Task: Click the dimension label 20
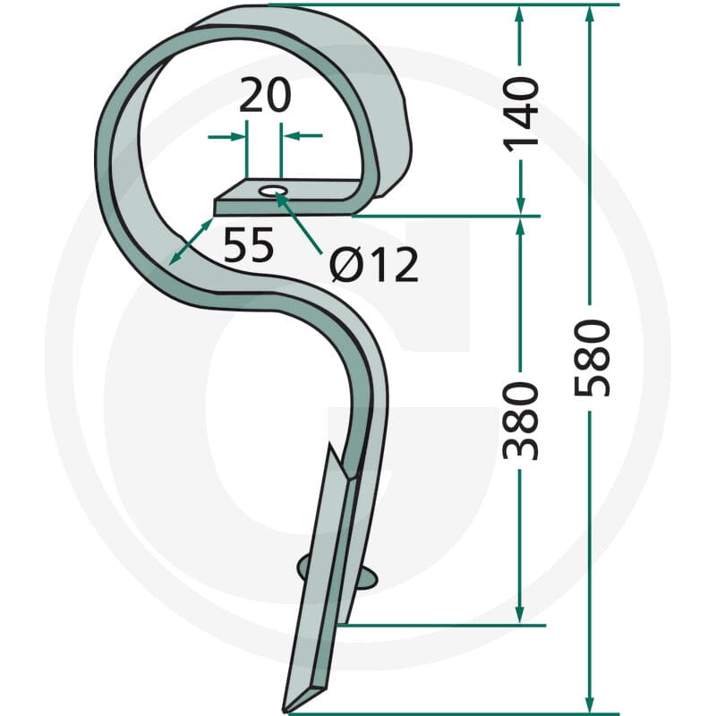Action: point(265,95)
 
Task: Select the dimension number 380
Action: point(521,421)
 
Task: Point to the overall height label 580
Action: point(592,357)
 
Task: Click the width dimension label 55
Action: point(249,244)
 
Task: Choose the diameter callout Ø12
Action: point(373,265)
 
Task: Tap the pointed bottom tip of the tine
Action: point(286,711)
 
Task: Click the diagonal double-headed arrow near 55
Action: point(191,241)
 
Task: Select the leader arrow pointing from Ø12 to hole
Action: point(299,223)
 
